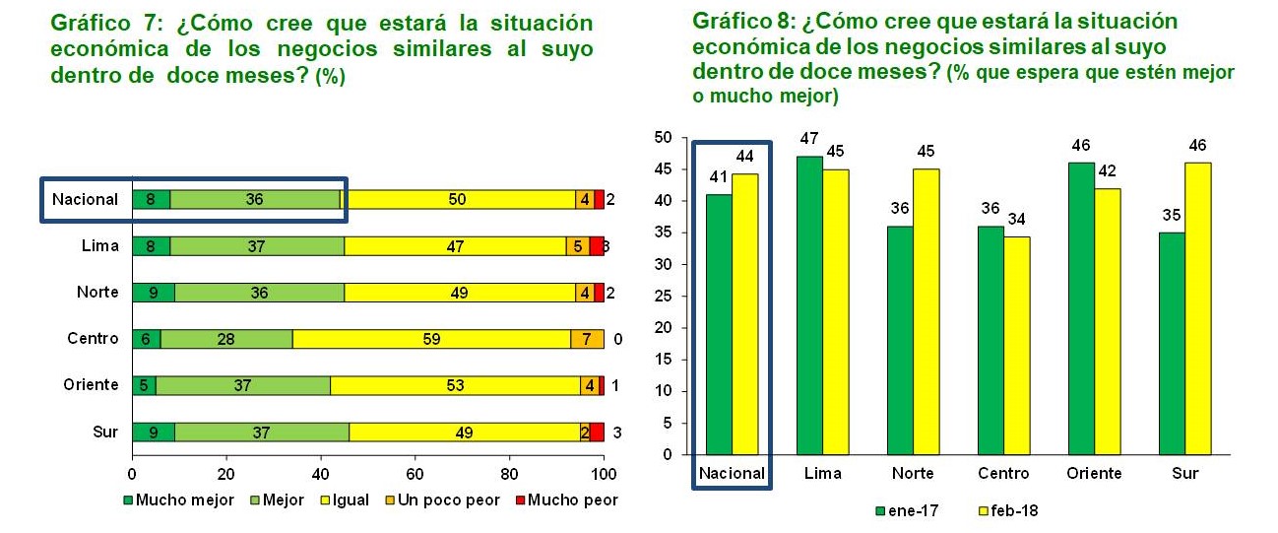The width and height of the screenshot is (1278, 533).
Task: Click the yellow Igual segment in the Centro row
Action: [431, 339]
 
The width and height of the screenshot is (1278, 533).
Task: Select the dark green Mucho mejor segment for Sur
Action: [154, 432]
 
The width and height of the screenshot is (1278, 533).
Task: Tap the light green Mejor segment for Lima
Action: [257, 246]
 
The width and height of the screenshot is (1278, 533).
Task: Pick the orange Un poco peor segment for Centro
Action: [587, 339]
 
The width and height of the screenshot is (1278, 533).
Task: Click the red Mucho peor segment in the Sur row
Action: [597, 432]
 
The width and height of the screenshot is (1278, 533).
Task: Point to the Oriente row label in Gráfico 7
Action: [91, 384]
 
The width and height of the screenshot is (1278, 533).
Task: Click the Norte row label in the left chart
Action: [97, 292]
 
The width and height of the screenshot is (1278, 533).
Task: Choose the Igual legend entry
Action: [345, 500]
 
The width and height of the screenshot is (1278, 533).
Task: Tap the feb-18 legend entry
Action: [1008, 510]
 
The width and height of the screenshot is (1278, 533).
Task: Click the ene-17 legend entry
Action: [907, 510]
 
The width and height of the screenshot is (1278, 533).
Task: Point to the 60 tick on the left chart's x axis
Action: [415, 474]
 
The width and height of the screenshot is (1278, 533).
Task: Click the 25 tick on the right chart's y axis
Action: [663, 297]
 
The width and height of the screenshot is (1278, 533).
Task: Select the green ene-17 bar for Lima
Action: [809, 305]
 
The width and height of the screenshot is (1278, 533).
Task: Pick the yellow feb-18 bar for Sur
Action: [1198, 308]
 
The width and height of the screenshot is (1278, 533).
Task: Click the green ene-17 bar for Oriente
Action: [1081, 308]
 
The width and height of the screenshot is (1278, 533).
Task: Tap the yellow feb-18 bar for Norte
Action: [926, 311]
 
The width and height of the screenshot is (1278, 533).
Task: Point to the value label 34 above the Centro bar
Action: [1016, 219]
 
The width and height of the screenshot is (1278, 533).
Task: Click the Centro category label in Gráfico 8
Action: [1003, 473]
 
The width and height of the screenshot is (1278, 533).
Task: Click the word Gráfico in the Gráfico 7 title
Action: [91, 24]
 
